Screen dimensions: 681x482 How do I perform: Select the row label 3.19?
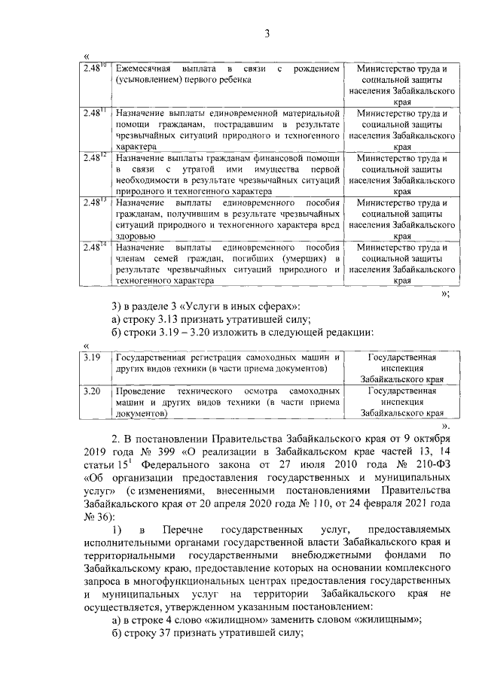click(x=93, y=357)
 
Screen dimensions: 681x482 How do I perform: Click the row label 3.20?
click(x=93, y=391)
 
